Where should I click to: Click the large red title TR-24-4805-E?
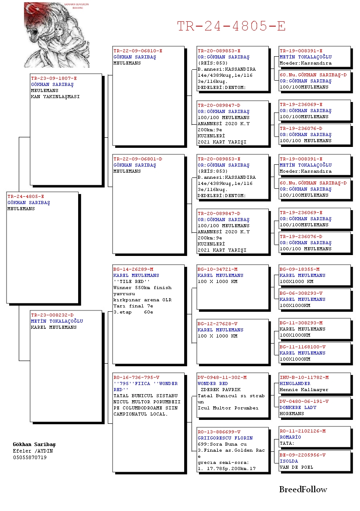(231, 26)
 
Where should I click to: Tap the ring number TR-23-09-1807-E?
(54, 78)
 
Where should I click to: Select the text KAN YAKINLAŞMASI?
(55, 97)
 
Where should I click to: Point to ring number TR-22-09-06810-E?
(137, 51)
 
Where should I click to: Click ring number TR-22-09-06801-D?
(137, 159)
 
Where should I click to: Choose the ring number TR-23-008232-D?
(52, 315)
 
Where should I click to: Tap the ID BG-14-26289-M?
(133, 269)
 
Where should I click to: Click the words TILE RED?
(131, 282)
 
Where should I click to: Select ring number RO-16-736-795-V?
(136, 378)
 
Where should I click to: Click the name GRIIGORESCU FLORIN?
(225, 438)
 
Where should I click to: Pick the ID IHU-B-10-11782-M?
(304, 378)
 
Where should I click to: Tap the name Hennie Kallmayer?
(304, 390)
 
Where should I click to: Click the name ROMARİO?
(290, 437)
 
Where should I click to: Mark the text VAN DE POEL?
(296, 467)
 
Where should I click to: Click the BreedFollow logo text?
(303, 490)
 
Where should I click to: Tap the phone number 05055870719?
(30, 457)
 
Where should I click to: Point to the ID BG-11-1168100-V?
(302, 347)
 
